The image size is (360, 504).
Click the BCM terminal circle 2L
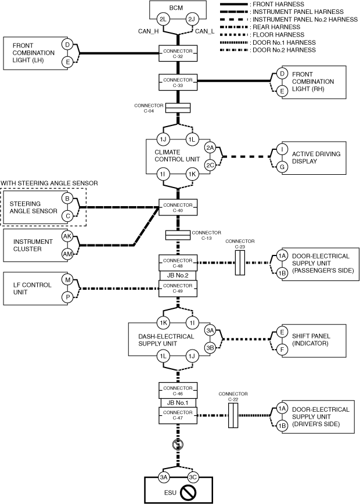(163, 20)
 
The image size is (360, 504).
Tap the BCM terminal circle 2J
(192, 20)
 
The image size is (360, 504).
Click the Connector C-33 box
(178, 82)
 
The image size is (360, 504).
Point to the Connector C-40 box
(178, 206)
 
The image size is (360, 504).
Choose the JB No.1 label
(178, 402)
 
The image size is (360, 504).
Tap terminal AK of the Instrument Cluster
(67, 236)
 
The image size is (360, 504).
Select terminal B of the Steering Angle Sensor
(67, 199)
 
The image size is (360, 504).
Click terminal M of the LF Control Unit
(67, 280)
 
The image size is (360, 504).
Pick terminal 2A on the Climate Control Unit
(210, 148)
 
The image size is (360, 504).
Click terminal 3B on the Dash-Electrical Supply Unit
(210, 347)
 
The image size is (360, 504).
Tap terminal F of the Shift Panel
(282, 350)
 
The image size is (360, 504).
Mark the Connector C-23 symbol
(240, 264)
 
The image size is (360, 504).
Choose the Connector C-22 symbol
(233, 416)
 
